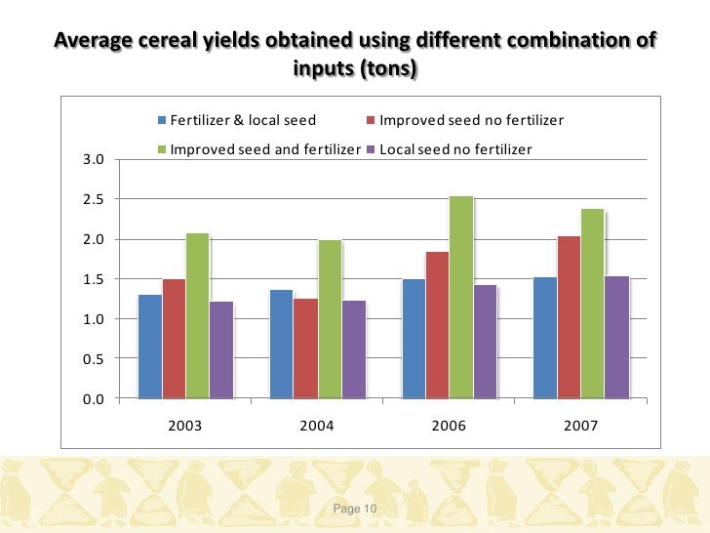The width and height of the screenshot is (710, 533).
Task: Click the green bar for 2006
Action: tap(461, 298)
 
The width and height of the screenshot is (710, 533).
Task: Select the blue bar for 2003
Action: tap(150, 347)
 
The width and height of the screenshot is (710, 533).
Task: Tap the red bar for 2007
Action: tap(569, 317)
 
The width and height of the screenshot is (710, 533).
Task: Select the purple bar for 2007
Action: tap(616, 337)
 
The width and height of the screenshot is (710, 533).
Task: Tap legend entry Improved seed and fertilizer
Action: tap(258, 149)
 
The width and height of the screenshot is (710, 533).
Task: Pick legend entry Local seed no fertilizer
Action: tap(449, 149)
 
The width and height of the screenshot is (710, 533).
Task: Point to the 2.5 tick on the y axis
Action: tap(93, 200)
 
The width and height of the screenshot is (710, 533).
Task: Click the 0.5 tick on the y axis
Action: tap(93, 359)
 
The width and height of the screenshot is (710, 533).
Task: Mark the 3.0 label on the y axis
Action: tap(93, 160)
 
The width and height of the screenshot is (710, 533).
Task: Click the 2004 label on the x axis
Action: tap(317, 427)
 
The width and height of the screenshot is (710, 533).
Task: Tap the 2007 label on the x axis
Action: tap(580, 427)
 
